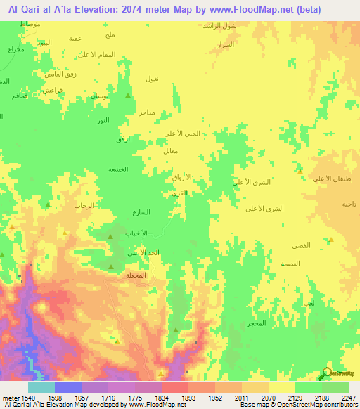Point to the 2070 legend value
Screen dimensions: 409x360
coord(268,398)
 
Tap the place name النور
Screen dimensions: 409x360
coord(103,121)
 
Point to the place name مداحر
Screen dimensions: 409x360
coord(146,112)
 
